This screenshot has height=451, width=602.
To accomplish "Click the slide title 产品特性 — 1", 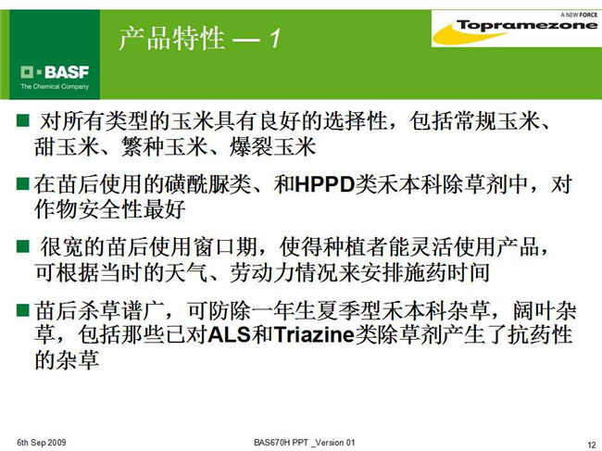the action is [200, 39].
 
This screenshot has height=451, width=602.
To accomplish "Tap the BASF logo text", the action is [67, 72].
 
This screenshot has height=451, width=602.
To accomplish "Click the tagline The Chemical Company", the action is [55, 87].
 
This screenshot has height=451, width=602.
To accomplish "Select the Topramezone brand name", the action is [527, 25].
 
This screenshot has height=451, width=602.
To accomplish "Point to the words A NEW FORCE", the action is [579, 15].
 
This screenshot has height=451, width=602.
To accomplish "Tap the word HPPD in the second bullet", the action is [325, 184].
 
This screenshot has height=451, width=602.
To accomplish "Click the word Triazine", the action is [314, 334].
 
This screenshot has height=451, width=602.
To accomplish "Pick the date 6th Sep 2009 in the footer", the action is [42, 443].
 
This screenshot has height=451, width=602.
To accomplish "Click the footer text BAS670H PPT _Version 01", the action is [305, 443].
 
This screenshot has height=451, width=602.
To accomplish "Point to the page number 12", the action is [592, 445].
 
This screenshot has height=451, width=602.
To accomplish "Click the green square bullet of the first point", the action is [23, 120].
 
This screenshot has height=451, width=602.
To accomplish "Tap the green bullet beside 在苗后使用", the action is [23, 183].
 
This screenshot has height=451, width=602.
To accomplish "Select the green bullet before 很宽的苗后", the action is [23, 246].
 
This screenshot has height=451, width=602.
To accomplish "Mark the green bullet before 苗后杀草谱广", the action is [23, 309].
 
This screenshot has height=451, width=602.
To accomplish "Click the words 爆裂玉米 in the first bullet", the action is [272, 146].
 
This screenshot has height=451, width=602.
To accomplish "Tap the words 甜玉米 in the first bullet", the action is [67, 146].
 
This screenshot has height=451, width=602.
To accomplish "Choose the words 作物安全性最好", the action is [110, 209].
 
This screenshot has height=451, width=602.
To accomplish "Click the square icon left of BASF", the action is [27, 72].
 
